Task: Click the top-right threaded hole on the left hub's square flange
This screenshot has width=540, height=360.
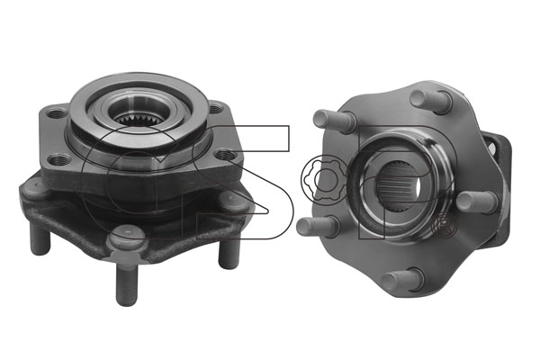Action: point(215,109)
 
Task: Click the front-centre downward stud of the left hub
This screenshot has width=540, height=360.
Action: point(127,283)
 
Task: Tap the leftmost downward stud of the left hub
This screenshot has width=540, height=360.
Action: point(40,238)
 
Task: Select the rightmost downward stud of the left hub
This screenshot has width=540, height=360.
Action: point(229,252)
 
